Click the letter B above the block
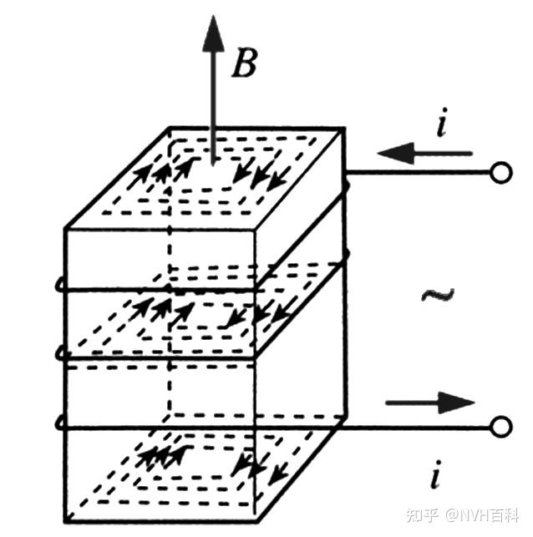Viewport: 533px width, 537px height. point(244,62)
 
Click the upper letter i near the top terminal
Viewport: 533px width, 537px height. point(440,125)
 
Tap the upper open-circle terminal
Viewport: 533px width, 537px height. point(500,174)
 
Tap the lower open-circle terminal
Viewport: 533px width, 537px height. point(500,428)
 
